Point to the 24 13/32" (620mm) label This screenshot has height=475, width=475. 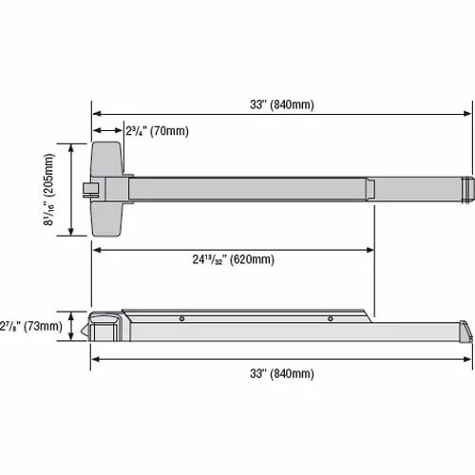tap(233, 259)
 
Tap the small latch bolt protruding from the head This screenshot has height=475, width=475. tap(87, 189)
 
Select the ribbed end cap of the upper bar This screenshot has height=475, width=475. tap(467, 188)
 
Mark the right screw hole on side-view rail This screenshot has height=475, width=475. tap(330, 318)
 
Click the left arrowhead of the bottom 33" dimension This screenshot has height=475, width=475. tap(95, 358)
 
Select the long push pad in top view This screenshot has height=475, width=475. tap(247, 188)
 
